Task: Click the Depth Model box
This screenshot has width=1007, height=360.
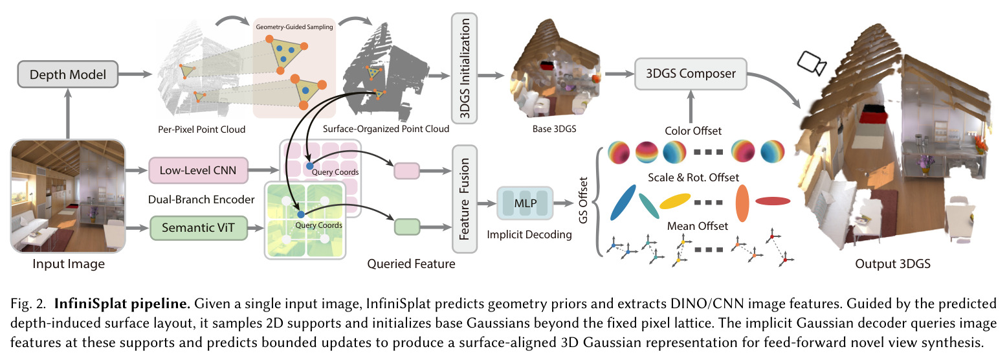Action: pyautogui.click(x=68, y=74)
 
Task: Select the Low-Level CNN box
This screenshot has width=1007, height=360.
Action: pyautogui.click(x=198, y=170)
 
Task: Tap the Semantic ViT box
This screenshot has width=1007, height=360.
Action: pyautogui.click(x=198, y=228)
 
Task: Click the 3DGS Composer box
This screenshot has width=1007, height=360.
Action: pyautogui.click(x=691, y=74)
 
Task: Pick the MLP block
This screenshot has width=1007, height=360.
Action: pyautogui.click(x=525, y=203)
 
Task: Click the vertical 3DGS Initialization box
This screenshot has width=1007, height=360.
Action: pyautogui.click(x=465, y=68)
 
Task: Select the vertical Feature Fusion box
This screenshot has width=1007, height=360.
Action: pyautogui.click(x=465, y=199)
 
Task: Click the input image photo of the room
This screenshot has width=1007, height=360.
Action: pyautogui.click(x=68, y=196)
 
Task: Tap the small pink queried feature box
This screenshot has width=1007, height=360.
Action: pyautogui.click(x=407, y=171)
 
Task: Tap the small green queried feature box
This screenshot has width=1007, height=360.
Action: pyautogui.click(x=407, y=227)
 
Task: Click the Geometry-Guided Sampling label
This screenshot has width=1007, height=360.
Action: pyautogui.click(x=294, y=27)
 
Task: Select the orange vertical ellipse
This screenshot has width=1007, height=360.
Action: pyautogui.click(x=742, y=203)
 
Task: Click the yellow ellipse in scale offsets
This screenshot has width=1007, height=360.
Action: pyautogui.click(x=675, y=201)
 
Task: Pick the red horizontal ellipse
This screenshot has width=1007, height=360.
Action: pyautogui.click(x=773, y=201)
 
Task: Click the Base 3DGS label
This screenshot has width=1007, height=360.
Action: pyautogui.click(x=554, y=129)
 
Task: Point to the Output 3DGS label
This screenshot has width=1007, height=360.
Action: pyautogui.click(x=893, y=264)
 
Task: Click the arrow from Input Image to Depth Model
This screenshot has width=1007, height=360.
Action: pyautogui.click(x=68, y=113)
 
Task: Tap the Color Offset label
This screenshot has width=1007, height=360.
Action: pyautogui.click(x=693, y=131)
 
